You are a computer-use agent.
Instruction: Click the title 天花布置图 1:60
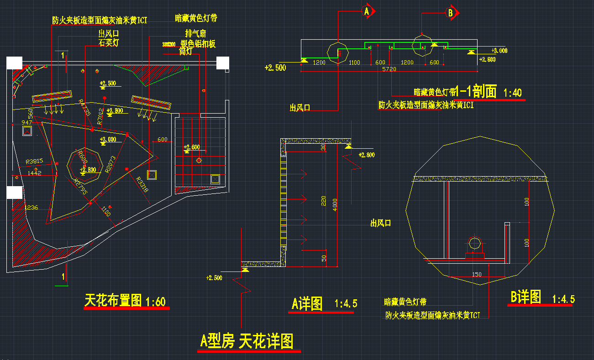pos(125,301)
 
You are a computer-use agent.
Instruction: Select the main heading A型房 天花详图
pos(247,341)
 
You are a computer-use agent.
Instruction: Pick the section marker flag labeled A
pos(367,11)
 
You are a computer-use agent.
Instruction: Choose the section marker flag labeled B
pos(451,14)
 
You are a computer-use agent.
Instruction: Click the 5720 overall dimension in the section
pos(389,69)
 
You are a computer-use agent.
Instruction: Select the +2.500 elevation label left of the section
pos(275,68)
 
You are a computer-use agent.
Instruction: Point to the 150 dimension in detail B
pos(477,274)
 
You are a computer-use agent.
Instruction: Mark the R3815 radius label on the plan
pos(34,161)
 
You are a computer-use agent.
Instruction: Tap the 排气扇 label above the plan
pos(195,33)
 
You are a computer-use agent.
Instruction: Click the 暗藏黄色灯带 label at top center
pos(196,18)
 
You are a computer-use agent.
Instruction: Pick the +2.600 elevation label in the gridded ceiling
pos(192,147)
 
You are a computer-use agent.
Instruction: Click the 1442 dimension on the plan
pos(34,173)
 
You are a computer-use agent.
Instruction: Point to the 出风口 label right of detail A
pos(381,223)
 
